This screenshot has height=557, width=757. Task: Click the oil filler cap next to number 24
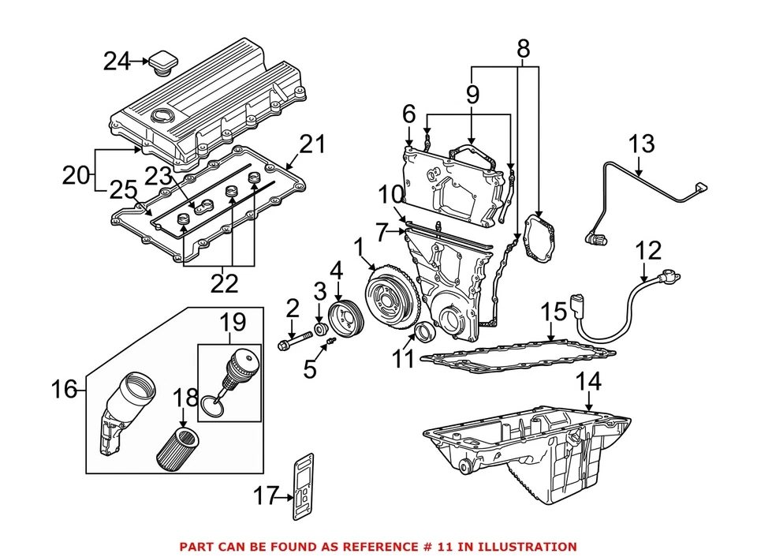(166, 62)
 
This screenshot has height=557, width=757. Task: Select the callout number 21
(311, 145)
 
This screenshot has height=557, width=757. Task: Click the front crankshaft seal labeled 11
(423, 332)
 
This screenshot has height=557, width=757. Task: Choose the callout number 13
(641, 144)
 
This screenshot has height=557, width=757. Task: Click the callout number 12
(648, 251)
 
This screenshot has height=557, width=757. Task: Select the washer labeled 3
(321, 327)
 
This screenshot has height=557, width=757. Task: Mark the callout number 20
(76, 175)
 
